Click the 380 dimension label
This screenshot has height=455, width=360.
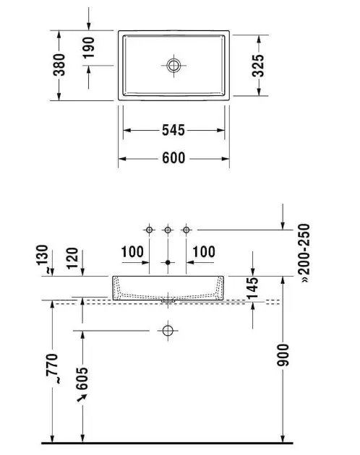point(59,64)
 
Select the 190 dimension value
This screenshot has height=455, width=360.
point(89,48)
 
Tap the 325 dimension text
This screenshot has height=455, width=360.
point(258,66)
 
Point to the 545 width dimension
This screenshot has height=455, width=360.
point(173,130)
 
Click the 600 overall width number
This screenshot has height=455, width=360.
point(173,158)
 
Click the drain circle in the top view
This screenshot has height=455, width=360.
point(173,65)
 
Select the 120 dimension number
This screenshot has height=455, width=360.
point(72,259)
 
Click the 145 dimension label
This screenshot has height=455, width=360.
point(252,288)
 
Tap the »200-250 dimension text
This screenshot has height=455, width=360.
point(304,253)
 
